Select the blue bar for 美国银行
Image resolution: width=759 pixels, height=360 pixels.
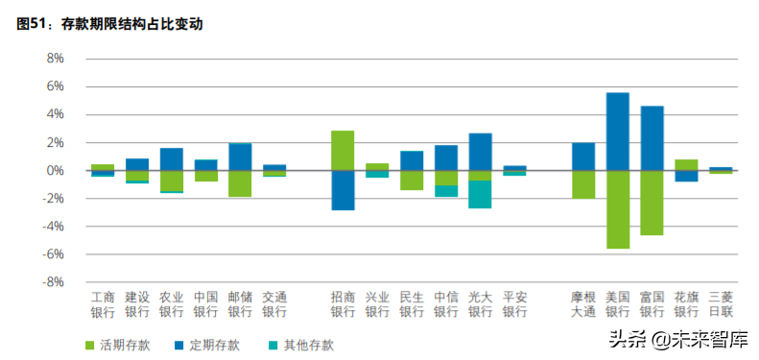click(x=617, y=132)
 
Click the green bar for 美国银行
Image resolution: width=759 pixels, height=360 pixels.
click(x=617, y=209)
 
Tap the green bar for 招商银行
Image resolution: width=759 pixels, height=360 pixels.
click(x=343, y=151)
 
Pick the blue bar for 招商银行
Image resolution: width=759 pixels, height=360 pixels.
click(x=343, y=190)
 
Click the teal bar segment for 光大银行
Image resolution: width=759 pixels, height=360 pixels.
click(x=480, y=194)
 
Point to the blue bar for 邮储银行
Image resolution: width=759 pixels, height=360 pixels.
click(x=240, y=156)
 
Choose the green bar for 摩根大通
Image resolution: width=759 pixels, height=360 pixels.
click(x=583, y=184)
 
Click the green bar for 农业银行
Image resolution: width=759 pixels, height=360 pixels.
click(x=172, y=180)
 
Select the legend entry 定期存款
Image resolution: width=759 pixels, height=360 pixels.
click(x=207, y=345)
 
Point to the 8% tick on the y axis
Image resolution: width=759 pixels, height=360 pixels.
click(x=55, y=59)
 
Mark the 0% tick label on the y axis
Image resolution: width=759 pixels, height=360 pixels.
click(x=55, y=171)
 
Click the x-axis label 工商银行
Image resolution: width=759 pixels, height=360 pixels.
click(x=103, y=304)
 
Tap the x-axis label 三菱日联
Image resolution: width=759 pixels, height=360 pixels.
click(x=721, y=304)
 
